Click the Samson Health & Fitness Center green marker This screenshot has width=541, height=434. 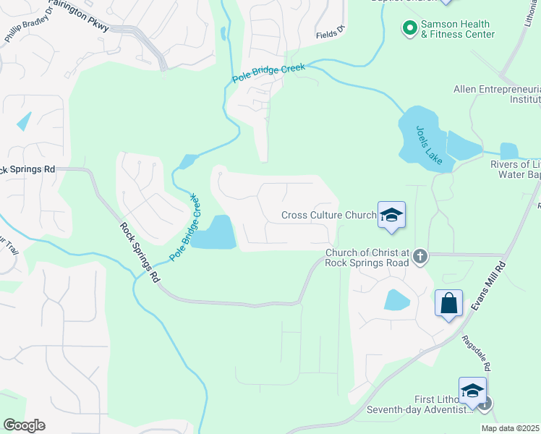[409, 29]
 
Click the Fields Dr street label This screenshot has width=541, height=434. [331, 33]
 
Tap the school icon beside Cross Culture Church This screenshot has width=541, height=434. [391, 216]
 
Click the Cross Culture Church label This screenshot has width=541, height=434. [328, 215]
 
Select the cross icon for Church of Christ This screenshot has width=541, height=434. [419, 255]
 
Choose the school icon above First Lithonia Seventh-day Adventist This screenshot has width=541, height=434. [472, 391]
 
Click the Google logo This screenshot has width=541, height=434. [24, 425]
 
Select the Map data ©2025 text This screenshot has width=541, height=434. [510, 428]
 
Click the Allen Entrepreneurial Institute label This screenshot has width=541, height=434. [497, 95]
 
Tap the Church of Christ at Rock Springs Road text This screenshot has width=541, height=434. [367, 258]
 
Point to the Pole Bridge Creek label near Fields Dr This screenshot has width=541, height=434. [269, 72]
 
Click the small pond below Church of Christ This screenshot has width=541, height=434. [397, 299]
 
